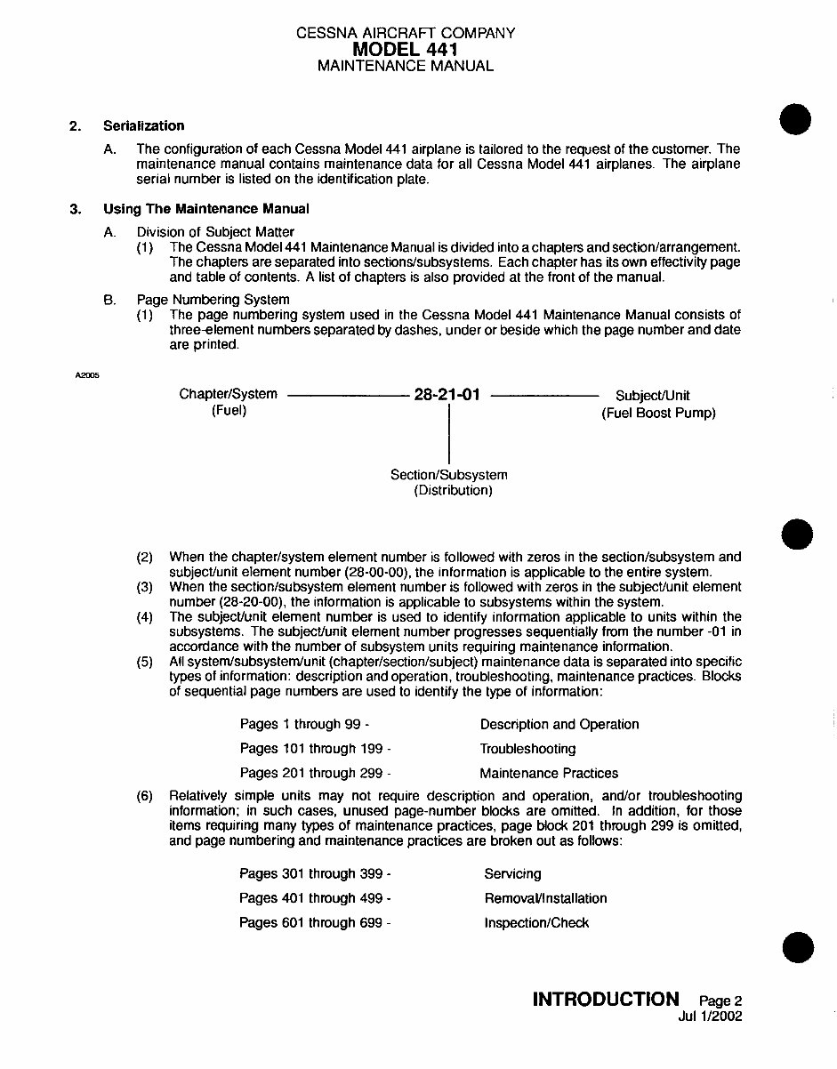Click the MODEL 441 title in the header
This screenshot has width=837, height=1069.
405,49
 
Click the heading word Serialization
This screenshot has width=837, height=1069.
143,125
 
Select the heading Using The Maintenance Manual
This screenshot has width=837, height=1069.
205,209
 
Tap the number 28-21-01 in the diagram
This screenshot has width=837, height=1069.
447,395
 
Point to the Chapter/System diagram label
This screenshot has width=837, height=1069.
228,394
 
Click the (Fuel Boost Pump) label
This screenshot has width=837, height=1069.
658,413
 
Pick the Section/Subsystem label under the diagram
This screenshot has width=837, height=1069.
449,475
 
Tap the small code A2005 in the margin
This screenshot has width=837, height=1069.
87,374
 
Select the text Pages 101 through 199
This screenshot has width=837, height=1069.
315,749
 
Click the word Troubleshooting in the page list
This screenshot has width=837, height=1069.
527,749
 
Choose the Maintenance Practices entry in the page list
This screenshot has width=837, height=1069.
549,773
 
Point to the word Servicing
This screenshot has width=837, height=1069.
512,874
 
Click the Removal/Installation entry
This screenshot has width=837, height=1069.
545,898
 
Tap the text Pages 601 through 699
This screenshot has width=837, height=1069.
315,923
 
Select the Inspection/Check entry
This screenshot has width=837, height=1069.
536,923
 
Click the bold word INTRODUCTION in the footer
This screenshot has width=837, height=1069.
605,1000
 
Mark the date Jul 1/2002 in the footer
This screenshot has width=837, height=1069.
710,1016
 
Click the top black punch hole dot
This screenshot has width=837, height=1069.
796,118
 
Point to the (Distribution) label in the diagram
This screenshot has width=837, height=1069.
453,491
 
